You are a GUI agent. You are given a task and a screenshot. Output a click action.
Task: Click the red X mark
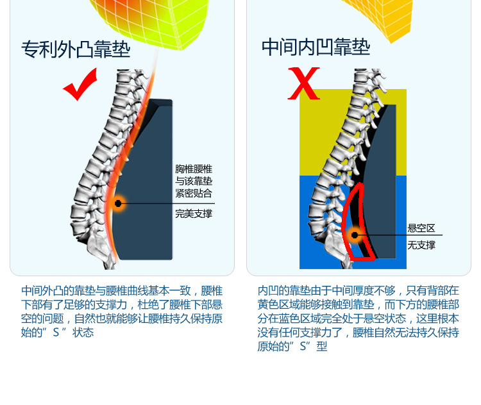click(303, 83)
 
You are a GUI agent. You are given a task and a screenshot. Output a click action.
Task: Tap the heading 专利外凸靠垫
click(76, 49)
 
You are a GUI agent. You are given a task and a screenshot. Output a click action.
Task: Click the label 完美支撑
click(194, 213)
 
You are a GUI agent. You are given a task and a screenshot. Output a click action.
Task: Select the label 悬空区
click(421, 228)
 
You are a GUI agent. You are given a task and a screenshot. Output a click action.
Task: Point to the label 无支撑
click(421, 245)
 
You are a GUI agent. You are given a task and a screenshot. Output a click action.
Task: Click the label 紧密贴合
click(194, 194)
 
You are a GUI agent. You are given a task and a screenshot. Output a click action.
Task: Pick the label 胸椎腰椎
click(194, 169)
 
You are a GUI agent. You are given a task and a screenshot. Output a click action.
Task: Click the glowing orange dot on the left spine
click(118, 203)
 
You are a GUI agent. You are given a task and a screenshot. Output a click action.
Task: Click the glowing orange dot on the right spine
click(355, 235)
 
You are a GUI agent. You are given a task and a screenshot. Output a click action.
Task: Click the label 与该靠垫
click(194, 181)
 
